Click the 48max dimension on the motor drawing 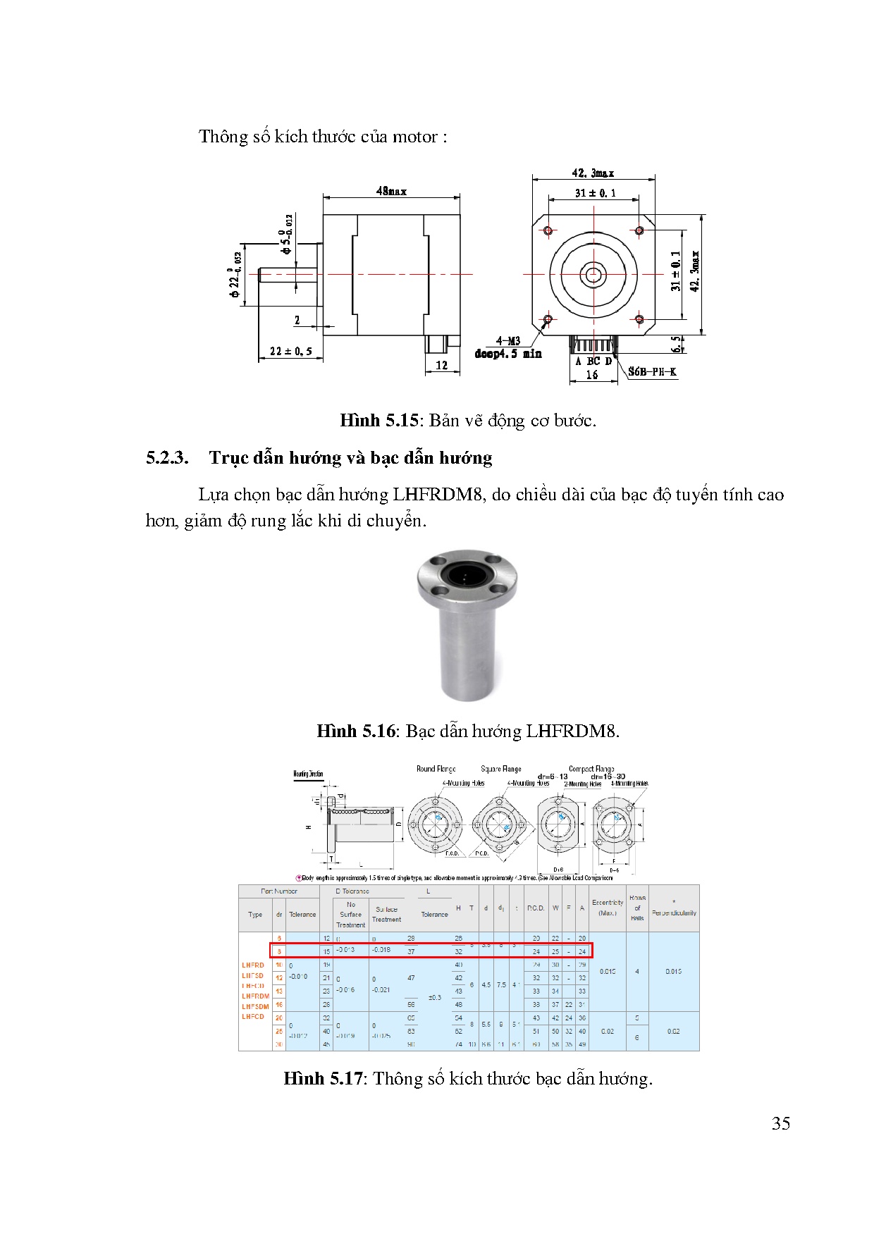[x=391, y=191]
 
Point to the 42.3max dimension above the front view [x=593, y=173]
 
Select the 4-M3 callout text [x=507, y=341]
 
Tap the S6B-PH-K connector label [x=652, y=371]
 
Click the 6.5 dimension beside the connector [x=677, y=344]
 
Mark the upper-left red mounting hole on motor [x=548, y=230]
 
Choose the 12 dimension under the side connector [x=441, y=365]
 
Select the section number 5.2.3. [x=167, y=458]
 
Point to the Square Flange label [x=500, y=769]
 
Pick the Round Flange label [x=436, y=769]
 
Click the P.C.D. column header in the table [x=536, y=908]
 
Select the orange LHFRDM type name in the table [x=255, y=996]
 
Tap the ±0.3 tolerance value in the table [x=434, y=997]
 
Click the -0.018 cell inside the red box [x=381, y=950]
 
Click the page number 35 [x=780, y=1123]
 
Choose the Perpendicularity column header [x=674, y=913]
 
